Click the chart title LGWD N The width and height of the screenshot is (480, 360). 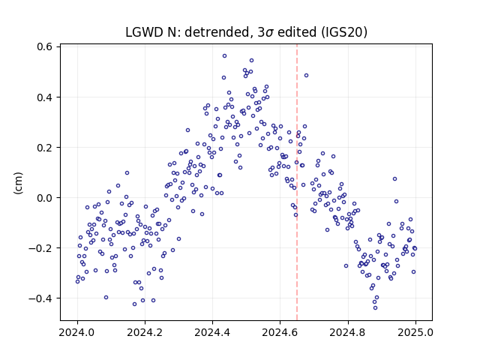tap(150, 32)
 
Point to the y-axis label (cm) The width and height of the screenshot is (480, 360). tap(18, 183)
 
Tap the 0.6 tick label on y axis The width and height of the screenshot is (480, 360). tap(44, 46)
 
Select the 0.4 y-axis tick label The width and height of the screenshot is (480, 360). tap(44, 97)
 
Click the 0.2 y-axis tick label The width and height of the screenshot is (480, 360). tap(44, 148)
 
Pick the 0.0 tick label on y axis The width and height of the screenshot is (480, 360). tap(44, 198)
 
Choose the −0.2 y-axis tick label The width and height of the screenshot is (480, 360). tap(40, 248)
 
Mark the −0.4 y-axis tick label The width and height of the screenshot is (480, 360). tap(40, 298)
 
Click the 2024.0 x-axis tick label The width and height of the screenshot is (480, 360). tap(77, 332)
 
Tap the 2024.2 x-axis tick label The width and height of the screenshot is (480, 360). tap(145, 332)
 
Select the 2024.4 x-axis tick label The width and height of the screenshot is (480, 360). tap(212, 332)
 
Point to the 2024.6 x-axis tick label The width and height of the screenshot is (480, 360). tap(280, 332)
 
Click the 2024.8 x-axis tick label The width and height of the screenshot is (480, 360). tap(348, 332)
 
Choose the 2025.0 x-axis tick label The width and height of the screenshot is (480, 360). tap(415, 332)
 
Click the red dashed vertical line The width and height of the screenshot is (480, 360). tap(297, 182)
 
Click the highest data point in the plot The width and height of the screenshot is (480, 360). tap(224, 56)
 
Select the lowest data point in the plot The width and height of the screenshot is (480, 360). tap(375, 308)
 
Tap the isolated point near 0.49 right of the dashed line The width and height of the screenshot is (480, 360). tap(306, 75)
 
